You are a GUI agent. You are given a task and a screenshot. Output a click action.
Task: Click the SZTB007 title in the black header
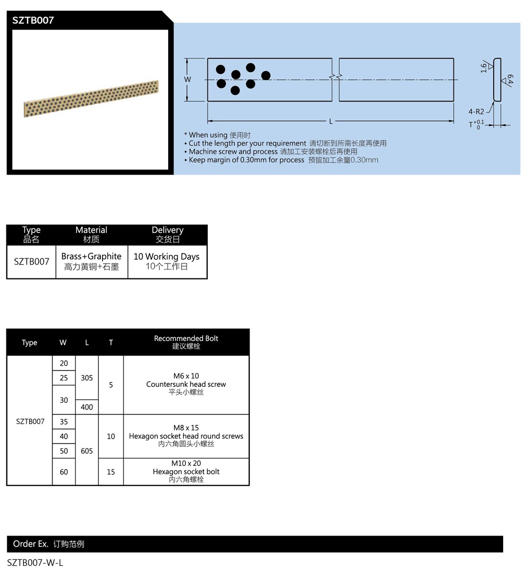pos(33,21)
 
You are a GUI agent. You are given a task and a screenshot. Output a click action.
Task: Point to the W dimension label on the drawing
pos(187,79)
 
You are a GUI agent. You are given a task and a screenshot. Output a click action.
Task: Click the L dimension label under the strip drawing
pos(331,121)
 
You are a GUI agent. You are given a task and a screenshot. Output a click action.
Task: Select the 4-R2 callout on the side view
pos(476,112)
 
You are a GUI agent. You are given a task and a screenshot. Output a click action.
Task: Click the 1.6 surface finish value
pos(484,67)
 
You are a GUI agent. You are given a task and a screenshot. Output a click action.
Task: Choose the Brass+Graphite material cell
pos(92,261)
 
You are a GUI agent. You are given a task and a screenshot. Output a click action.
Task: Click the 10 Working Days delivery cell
pos(167,261)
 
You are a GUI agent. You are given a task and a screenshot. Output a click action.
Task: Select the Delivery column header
pos(167,234)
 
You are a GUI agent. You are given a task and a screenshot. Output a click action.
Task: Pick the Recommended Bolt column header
pos(186,342)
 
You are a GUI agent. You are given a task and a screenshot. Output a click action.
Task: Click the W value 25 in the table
pos(64,378)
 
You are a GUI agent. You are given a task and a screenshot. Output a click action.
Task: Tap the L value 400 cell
pos(87,407)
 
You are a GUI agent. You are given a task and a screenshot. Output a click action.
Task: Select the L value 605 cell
pos(87,451)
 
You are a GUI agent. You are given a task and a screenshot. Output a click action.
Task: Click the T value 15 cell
pos(111,472)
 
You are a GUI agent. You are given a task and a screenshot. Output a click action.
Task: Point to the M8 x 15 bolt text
pos(186,428)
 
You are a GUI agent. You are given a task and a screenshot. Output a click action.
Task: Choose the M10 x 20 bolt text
pos(186,463)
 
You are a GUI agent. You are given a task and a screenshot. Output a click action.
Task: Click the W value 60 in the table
pos(64,472)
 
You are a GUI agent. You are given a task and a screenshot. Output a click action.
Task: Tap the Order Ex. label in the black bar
pos(31,544)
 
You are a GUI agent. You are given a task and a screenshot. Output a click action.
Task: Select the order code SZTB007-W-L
pos(35,563)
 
